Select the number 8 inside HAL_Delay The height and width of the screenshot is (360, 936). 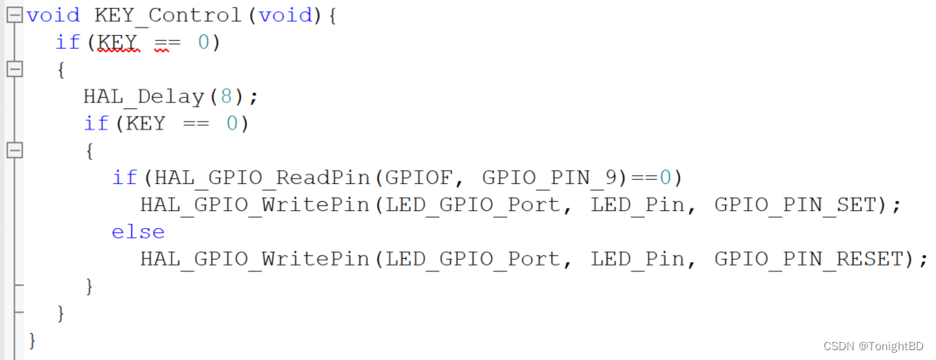click(226, 96)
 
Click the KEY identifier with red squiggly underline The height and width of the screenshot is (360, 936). click(119, 42)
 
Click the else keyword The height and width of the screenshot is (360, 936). click(138, 232)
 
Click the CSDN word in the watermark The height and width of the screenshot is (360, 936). click(838, 346)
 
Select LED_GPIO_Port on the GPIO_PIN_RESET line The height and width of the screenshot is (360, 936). click(473, 259)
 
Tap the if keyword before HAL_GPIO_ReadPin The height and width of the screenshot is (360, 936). click(124, 178)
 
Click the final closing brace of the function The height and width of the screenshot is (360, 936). click(33, 339)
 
